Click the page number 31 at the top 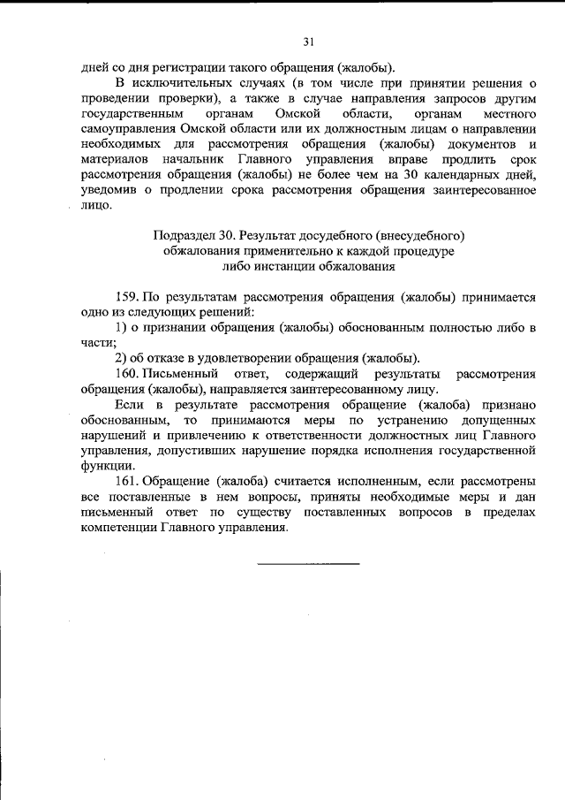pos(308,42)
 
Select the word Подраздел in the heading pos(183,236)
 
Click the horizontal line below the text pos(308,563)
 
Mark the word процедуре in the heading pos(416,250)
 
